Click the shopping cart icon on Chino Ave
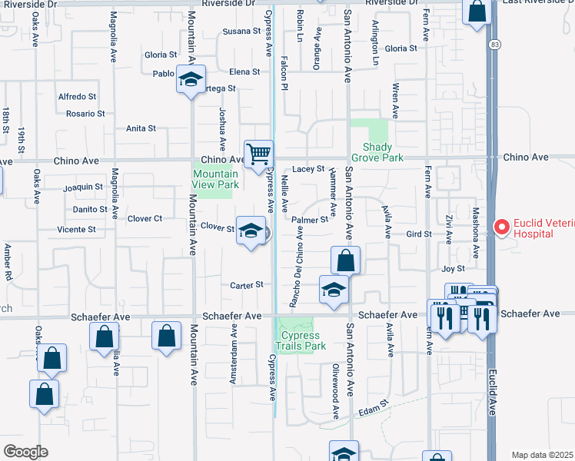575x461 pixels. [x=259, y=154]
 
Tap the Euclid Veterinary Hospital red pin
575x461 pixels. [x=502, y=227]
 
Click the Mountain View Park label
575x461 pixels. [x=215, y=180]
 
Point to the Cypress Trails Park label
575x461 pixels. [x=303, y=340]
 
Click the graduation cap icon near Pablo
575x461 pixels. [x=191, y=79]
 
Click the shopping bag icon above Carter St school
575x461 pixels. [x=346, y=260]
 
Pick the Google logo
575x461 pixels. [x=25, y=451]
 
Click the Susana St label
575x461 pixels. [x=242, y=32]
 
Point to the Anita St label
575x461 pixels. [x=141, y=128]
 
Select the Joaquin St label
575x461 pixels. [x=83, y=187]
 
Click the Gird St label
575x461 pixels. [x=418, y=233]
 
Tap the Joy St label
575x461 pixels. [x=454, y=269]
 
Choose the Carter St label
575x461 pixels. [x=247, y=285]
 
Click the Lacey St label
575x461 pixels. [x=310, y=169]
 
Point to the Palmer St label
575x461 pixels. [x=311, y=219]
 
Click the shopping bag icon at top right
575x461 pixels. [x=477, y=12]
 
